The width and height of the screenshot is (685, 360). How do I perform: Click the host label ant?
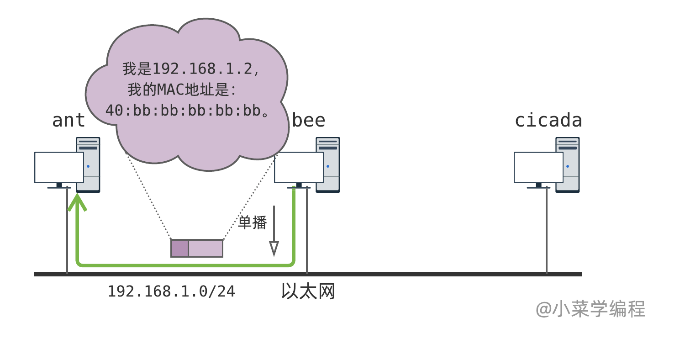click(x=68, y=121)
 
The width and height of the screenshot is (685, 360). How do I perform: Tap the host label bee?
click(x=309, y=121)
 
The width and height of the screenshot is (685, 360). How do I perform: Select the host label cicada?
click(x=548, y=121)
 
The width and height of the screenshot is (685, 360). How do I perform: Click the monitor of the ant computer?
click(x=59, y=168)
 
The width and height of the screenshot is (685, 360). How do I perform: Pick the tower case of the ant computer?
click(x=88, y=164)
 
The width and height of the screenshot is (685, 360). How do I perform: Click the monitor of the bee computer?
click(x=299, y=168)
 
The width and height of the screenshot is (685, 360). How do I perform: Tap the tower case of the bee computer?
click(x=328, y=164)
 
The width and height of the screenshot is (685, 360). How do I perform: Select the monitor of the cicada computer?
click(x=538, y=168)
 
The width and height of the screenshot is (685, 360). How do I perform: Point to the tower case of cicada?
click(x=568, y=164)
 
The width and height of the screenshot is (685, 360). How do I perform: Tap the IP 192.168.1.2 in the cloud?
click(x=202, y=69)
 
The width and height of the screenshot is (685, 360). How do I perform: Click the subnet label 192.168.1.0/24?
click(x=171, y=291)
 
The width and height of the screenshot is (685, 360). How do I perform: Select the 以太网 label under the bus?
click(x=308, y=291)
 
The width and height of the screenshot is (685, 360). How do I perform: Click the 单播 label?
click(x=253, y=222)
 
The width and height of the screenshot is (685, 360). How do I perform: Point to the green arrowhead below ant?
click(x=78, y=202)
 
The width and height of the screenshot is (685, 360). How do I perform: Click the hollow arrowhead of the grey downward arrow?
click(x=274, y=248)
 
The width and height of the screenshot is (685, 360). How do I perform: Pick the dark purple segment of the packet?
click(x=179, y=248)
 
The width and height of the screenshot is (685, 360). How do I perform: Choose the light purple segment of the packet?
click(x=205, y=248)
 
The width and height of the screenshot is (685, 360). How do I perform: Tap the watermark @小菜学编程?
click(x=590, y=309)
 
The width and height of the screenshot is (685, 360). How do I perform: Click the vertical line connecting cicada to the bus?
click(x=547, y=233)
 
